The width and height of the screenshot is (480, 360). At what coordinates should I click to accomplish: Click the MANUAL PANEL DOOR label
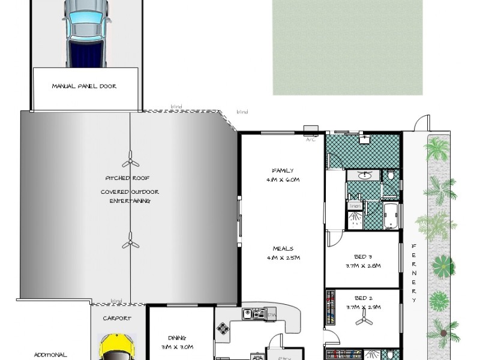(84, 86)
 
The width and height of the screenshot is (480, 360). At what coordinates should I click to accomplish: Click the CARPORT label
(117, 319)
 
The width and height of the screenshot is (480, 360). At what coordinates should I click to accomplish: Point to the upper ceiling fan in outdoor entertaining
(130, 163)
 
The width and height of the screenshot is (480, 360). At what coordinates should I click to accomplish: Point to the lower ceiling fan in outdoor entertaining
(130, 243)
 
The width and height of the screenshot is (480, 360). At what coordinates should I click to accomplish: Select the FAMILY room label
(282, 170)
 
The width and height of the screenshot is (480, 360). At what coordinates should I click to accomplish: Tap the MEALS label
(282, 249)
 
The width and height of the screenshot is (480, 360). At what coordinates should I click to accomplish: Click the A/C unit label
(311, 139)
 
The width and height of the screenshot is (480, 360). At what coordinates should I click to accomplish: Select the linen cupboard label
(355, 206)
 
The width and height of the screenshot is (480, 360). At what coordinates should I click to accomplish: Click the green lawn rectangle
(347, 46)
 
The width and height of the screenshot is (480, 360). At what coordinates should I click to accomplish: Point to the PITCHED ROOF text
(127, 178)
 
